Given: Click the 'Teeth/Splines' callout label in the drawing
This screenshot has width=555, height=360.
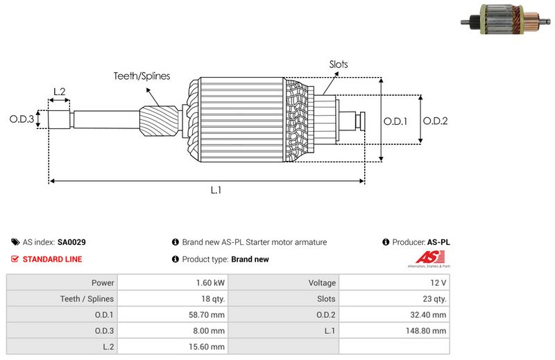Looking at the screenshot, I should tap(142, 76).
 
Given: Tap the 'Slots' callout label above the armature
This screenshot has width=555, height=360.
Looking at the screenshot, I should tap(339, 65).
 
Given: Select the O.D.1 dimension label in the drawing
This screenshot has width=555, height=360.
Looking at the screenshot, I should tap(395, 121).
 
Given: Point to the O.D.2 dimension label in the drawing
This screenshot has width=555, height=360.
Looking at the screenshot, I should tap(435, 121).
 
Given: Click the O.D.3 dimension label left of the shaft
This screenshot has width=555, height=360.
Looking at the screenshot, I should tap(22, 119).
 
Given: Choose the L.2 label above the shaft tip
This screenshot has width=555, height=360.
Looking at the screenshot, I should tap(59, 92).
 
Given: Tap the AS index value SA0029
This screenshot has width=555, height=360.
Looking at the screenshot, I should tap(71, 243).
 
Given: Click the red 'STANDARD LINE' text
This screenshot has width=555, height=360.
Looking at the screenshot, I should tap(52, 259).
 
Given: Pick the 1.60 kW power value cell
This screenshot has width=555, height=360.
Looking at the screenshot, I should tap(210, 283).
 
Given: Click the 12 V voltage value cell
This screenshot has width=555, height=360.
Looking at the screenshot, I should tap(438, 283).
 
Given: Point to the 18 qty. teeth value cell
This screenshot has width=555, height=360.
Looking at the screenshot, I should tap(212, 299).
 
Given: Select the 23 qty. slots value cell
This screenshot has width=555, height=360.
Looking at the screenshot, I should tap(434, 299).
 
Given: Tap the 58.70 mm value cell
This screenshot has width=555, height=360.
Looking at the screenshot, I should tap(208, 315).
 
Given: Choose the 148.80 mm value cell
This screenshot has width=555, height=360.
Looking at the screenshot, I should tap(429, 331).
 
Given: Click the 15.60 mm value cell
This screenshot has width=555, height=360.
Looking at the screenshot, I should tap(208, 347).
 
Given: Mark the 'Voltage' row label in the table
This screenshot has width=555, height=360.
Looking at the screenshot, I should tap(322, 283).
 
